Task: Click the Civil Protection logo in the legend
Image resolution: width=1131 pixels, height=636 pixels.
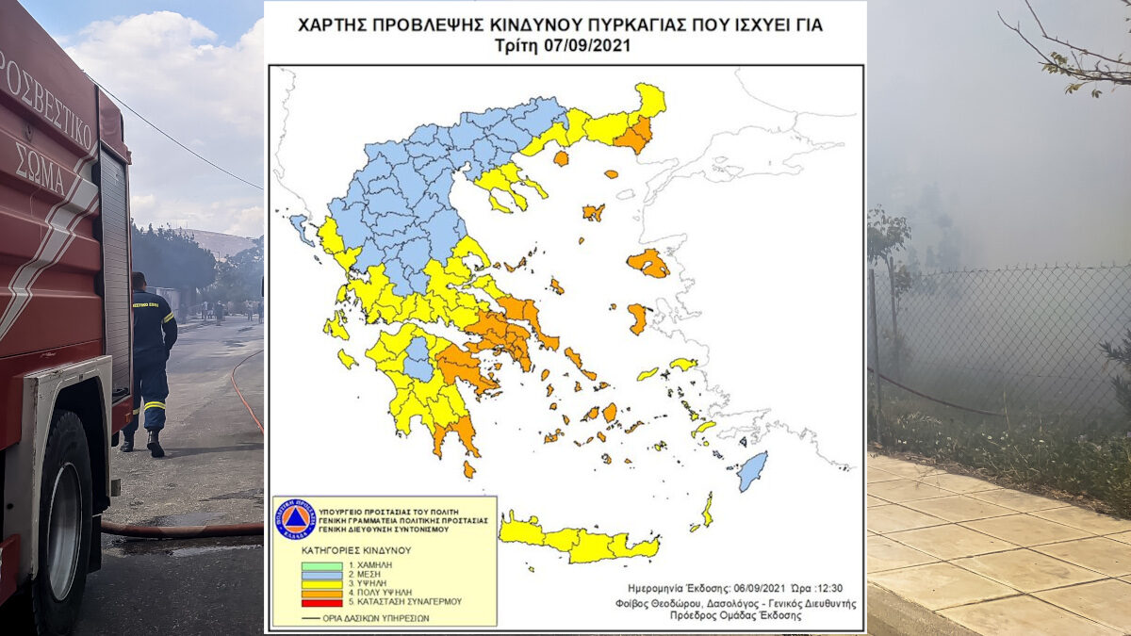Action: [294, 519]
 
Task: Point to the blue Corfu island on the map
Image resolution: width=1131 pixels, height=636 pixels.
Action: [300, 227]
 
